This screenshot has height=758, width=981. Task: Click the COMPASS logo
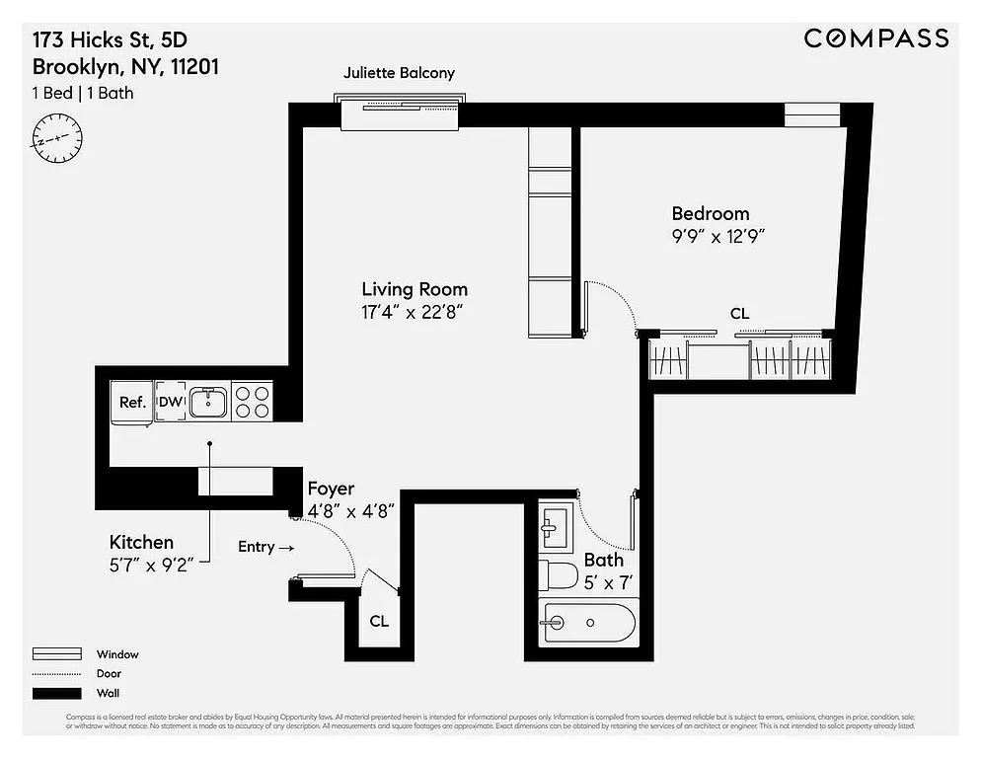[x=875, y=38]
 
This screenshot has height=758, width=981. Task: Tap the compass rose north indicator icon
[x=56, y=137]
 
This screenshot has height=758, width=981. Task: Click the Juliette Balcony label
[x=399, y=73]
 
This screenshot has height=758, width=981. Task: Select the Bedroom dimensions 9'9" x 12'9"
[x=718, y=237]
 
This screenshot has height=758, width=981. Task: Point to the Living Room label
[x=415, y=289]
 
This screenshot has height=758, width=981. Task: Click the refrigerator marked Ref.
[x=132, y=403]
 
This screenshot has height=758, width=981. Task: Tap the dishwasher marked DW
[x=170, y=402]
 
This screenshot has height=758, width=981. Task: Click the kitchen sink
[x=208, y=402]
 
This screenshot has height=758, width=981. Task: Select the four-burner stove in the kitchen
[x=252, y=402]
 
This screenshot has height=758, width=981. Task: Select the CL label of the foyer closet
[x=379, y=622]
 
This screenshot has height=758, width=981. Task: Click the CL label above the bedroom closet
[x=739, y=314]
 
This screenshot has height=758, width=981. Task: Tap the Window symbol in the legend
[x=57, y=654]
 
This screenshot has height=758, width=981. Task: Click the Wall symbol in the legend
[x=57, y=693]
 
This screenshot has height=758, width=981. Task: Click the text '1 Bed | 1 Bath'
[x=83, y=94]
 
